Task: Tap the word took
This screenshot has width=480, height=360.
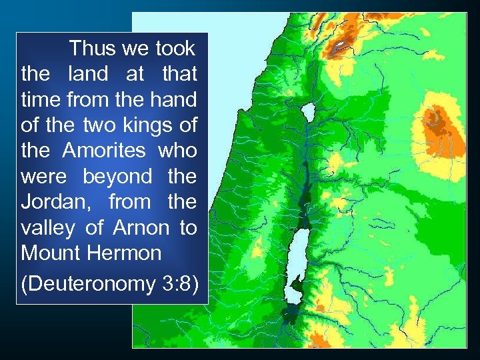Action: click(175, 49)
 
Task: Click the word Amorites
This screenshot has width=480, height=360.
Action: click(104, 151)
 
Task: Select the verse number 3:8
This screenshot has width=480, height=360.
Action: click(179, 284)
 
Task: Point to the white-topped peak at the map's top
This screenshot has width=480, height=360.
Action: click(341, 44)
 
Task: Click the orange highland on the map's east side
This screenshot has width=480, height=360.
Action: click(436, 120)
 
